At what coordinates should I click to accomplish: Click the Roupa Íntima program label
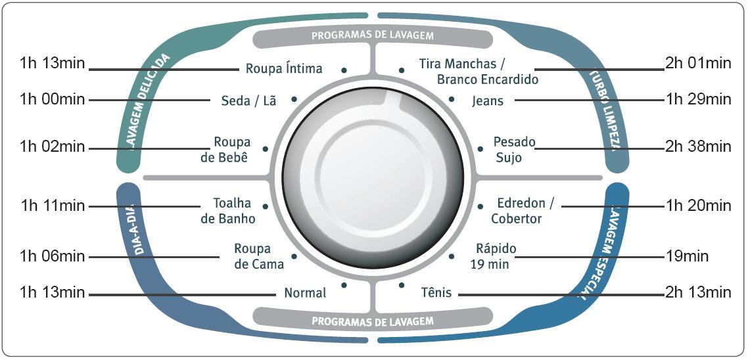[284, 68]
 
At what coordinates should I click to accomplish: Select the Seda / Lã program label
[248, 101]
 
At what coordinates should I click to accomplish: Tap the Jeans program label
[488, 101]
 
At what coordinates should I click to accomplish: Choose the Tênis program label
[436, 292]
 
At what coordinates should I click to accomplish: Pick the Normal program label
[305, 293]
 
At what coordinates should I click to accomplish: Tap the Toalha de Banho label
[228, 211]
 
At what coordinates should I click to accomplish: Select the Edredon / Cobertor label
[521, 211]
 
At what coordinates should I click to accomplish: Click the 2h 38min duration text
[698, 146]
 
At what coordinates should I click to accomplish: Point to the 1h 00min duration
[53, 100]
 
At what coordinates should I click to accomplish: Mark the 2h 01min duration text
[698, 63]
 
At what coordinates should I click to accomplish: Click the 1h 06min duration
[53, 256]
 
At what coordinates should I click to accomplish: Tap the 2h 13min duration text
[698, 292]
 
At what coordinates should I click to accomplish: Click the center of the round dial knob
[373, 177]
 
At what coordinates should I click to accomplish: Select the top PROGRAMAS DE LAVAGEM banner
[373, 37]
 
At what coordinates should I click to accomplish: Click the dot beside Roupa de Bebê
[265, 149]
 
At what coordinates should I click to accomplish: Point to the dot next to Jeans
[452, 99]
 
